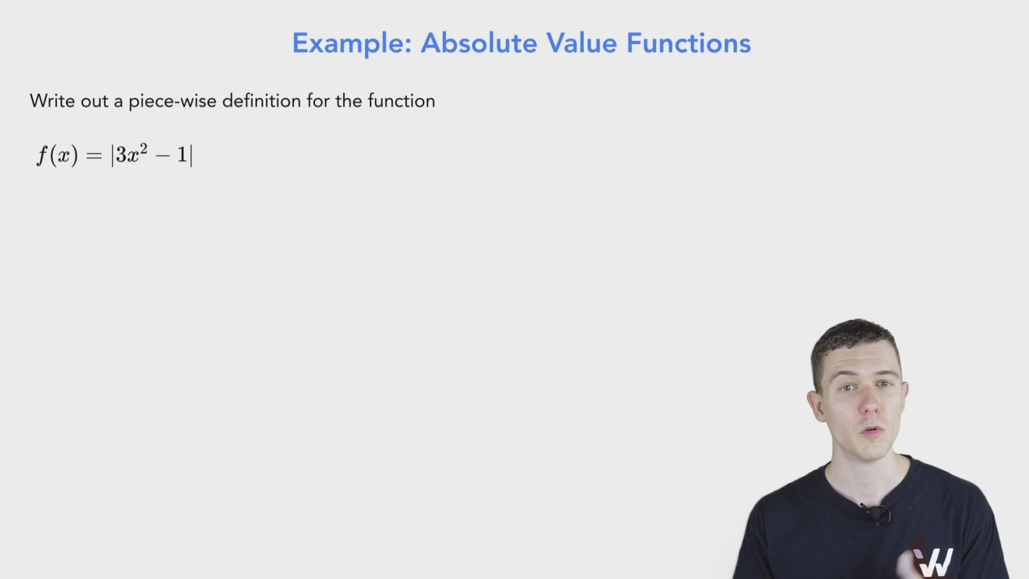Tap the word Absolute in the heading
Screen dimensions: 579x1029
479,43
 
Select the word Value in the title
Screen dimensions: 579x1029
581,43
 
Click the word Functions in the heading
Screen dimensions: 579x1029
689,43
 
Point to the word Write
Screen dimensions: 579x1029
52,101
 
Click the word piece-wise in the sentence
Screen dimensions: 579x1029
172,101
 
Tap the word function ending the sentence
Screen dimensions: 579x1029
401,101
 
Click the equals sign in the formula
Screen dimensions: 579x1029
94,156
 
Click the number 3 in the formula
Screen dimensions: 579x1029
121,155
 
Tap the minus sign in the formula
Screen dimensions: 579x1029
162,156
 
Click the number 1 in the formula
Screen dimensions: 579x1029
182,155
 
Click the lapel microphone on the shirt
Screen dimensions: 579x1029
876,513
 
